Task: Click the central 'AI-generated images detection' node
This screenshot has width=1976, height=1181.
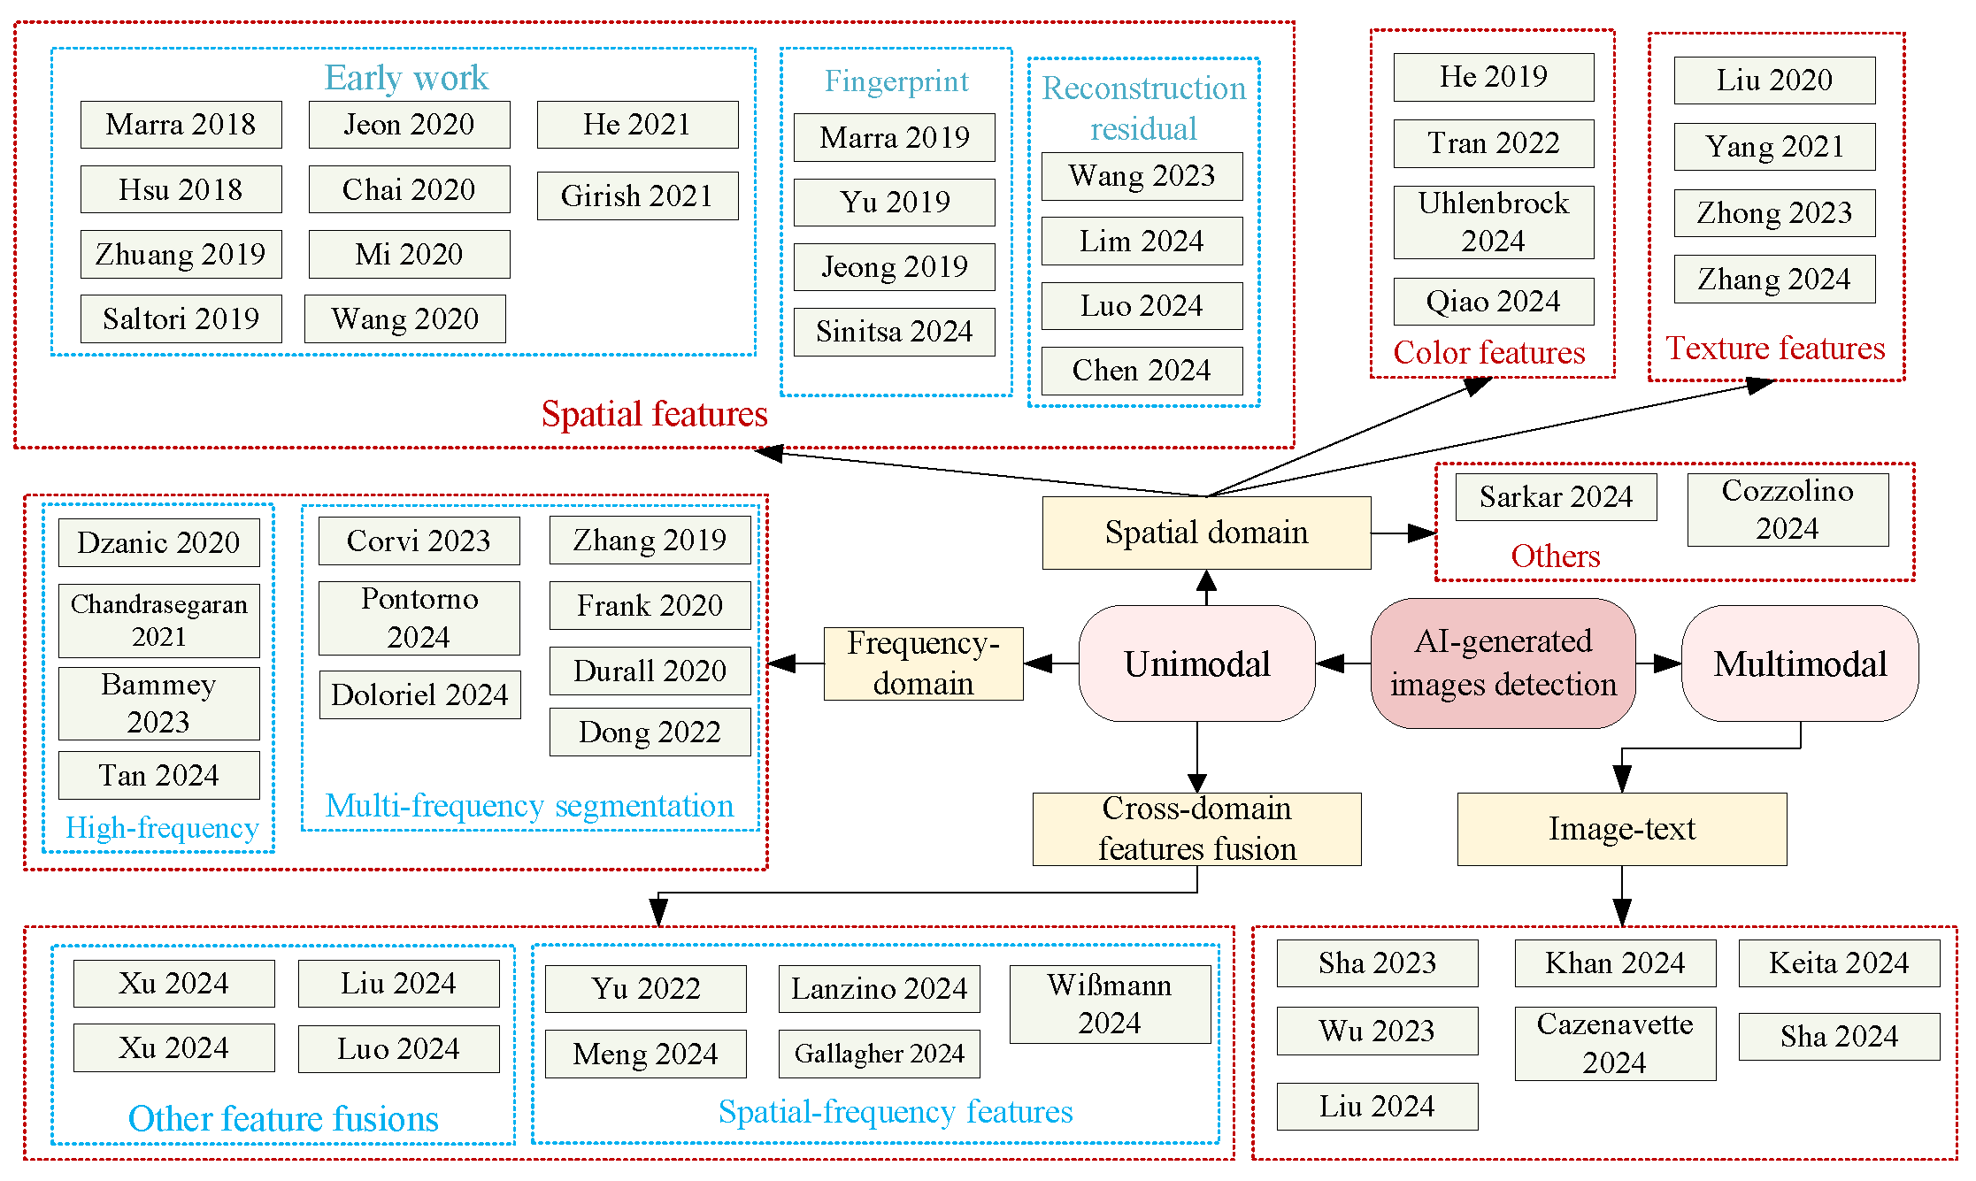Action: [x=1503, y=663]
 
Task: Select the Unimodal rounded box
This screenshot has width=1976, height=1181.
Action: [x=1196, y=663]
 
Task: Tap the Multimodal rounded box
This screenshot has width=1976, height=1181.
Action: [x=1800, y=663]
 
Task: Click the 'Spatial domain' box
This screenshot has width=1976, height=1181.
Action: [x=1206, y=533]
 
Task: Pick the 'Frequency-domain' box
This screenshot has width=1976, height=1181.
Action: [x=923, y=663]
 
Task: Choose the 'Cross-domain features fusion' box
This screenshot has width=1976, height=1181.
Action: [x=1196, y=829]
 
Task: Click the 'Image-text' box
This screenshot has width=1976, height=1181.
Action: [x=1621, y=829]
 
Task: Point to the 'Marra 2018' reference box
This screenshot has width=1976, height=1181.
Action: [x=181, y=125]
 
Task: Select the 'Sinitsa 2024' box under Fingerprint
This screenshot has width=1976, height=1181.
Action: [x=894, y=332]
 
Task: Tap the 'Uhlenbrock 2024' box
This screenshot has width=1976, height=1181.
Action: [x=1493, y=222]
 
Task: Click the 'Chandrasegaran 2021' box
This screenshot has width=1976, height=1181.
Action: [x=158, y=620]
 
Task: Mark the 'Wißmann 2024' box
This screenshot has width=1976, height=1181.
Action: [x=1110, y=1004]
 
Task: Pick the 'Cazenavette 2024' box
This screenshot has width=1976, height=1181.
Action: [x=1615, y=1043]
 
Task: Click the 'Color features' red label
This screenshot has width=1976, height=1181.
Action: [x=1489, y=353]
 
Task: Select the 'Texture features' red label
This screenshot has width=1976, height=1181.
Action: [x=1775, y=349]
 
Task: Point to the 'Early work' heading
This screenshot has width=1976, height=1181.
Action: [x=405, y=78]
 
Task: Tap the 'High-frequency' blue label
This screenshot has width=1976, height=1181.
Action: [x=162, y=828]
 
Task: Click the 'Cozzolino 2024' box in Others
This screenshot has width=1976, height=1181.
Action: [x=1788, y=510]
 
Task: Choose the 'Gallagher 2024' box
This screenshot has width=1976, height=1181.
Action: [x=879, y=1054]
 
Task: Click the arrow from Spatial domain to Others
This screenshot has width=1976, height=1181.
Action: [x=1403, y=533]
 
